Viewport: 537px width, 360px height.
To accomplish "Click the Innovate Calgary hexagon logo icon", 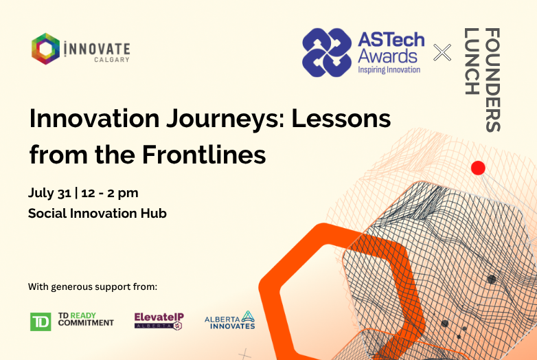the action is point(45,49).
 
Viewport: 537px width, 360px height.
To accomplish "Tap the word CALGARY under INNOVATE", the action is point(112,60).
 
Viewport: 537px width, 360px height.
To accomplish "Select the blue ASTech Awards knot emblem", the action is point(327,52).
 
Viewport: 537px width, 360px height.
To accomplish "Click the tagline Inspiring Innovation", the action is point(389,70).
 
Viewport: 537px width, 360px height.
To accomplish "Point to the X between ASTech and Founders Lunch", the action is point(442,52).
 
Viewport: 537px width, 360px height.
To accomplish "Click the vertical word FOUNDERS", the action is point(493,80).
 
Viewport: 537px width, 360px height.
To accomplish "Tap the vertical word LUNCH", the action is point(471,61).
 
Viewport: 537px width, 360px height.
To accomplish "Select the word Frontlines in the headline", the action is point(204,155).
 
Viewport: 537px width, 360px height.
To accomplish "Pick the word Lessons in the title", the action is point(341,119).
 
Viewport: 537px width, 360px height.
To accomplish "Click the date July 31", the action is point(49,193).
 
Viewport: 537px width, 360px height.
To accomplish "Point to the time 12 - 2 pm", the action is point(110,193).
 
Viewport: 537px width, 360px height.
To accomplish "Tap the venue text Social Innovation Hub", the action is point(98,214).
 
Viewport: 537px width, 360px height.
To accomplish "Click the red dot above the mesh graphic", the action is point(478,168).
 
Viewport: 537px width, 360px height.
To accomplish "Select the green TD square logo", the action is point(41,322).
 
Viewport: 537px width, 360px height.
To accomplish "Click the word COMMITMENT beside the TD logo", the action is point(86,323).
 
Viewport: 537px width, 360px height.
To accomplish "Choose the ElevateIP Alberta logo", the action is point(159,321).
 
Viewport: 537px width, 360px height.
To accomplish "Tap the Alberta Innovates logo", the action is point(230,320).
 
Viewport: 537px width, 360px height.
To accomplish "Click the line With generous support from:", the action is point(93,286).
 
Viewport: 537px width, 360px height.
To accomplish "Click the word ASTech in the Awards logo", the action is point(391,40).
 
